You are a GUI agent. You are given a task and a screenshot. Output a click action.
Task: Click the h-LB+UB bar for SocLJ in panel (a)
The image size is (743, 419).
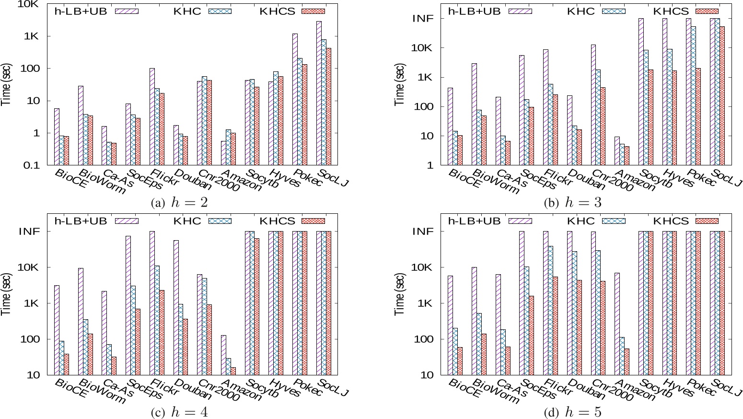coord(319,93)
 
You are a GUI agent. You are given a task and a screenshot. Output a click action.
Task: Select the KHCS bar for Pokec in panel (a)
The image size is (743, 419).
coord(304,115)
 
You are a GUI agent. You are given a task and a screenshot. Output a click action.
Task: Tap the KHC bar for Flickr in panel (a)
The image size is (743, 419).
coord(156,127)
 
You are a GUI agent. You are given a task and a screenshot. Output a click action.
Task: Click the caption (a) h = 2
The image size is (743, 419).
coord(179,203)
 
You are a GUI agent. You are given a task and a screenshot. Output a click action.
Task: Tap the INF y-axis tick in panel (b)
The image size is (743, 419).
coord(423,19)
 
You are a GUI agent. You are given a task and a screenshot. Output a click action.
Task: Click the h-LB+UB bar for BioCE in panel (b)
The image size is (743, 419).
coord(450,127)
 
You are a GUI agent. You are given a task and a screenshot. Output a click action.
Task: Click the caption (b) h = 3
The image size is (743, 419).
coord(573,203)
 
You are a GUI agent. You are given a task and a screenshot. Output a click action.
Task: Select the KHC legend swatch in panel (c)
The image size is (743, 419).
coord(220,221)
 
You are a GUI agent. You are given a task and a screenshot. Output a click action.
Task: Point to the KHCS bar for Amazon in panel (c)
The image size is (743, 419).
coord(233,371)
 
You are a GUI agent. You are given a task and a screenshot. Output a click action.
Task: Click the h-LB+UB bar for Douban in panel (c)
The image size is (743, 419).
coord(176,307)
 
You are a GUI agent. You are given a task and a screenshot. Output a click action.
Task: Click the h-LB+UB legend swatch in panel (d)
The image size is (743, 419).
coord(520,221)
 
